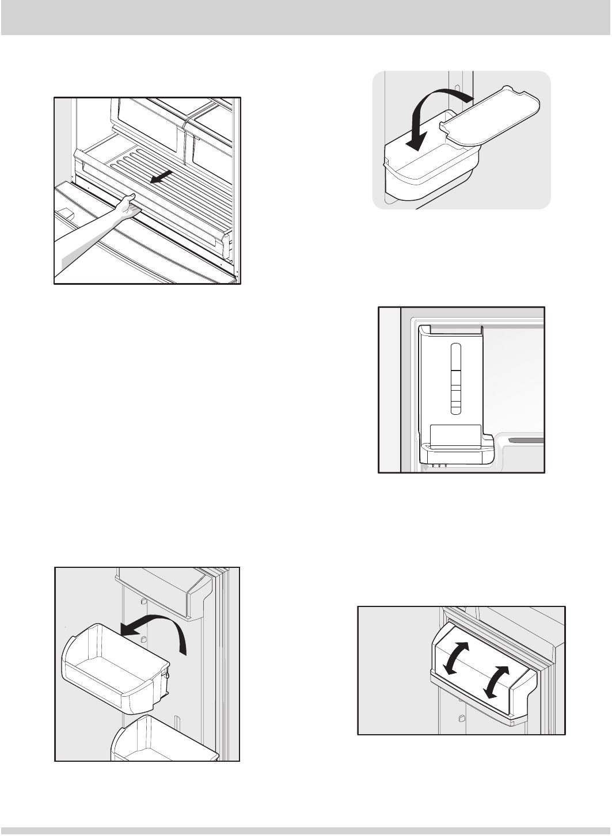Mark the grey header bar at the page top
(306, 18)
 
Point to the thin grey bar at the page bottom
(306, 831)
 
